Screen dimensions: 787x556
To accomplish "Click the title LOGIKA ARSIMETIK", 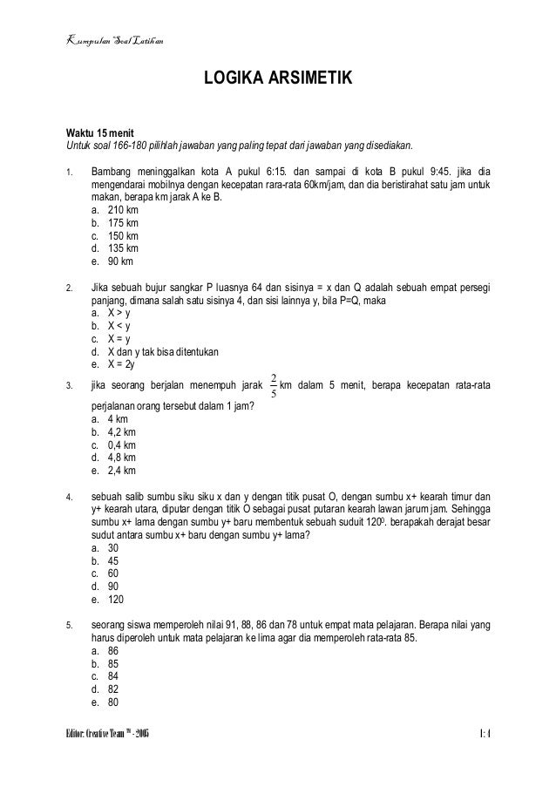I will click(x=277, y=81).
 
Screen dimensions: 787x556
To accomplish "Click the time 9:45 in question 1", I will click(x=433, y=173).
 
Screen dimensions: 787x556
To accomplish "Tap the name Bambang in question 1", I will click(x=118, y=173).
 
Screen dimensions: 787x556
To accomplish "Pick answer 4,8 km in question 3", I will click(x=117, y=457).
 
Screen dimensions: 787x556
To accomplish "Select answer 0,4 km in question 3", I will click(x=117, y=444).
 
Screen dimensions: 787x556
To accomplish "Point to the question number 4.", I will click(x=69, y=498).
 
